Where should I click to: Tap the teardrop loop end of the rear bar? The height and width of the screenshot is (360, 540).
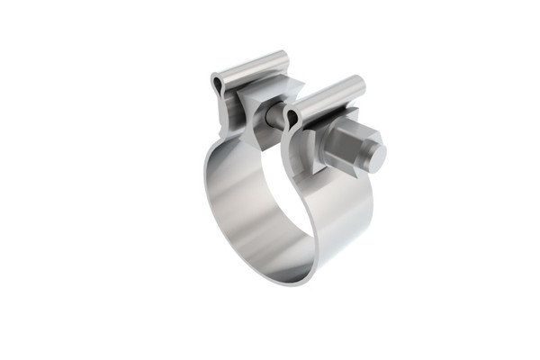[x=219, y=85]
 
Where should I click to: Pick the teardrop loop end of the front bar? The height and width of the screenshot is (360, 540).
[x=292, y=117]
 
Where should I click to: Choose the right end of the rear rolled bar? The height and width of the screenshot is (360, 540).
[x=286, y=58]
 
